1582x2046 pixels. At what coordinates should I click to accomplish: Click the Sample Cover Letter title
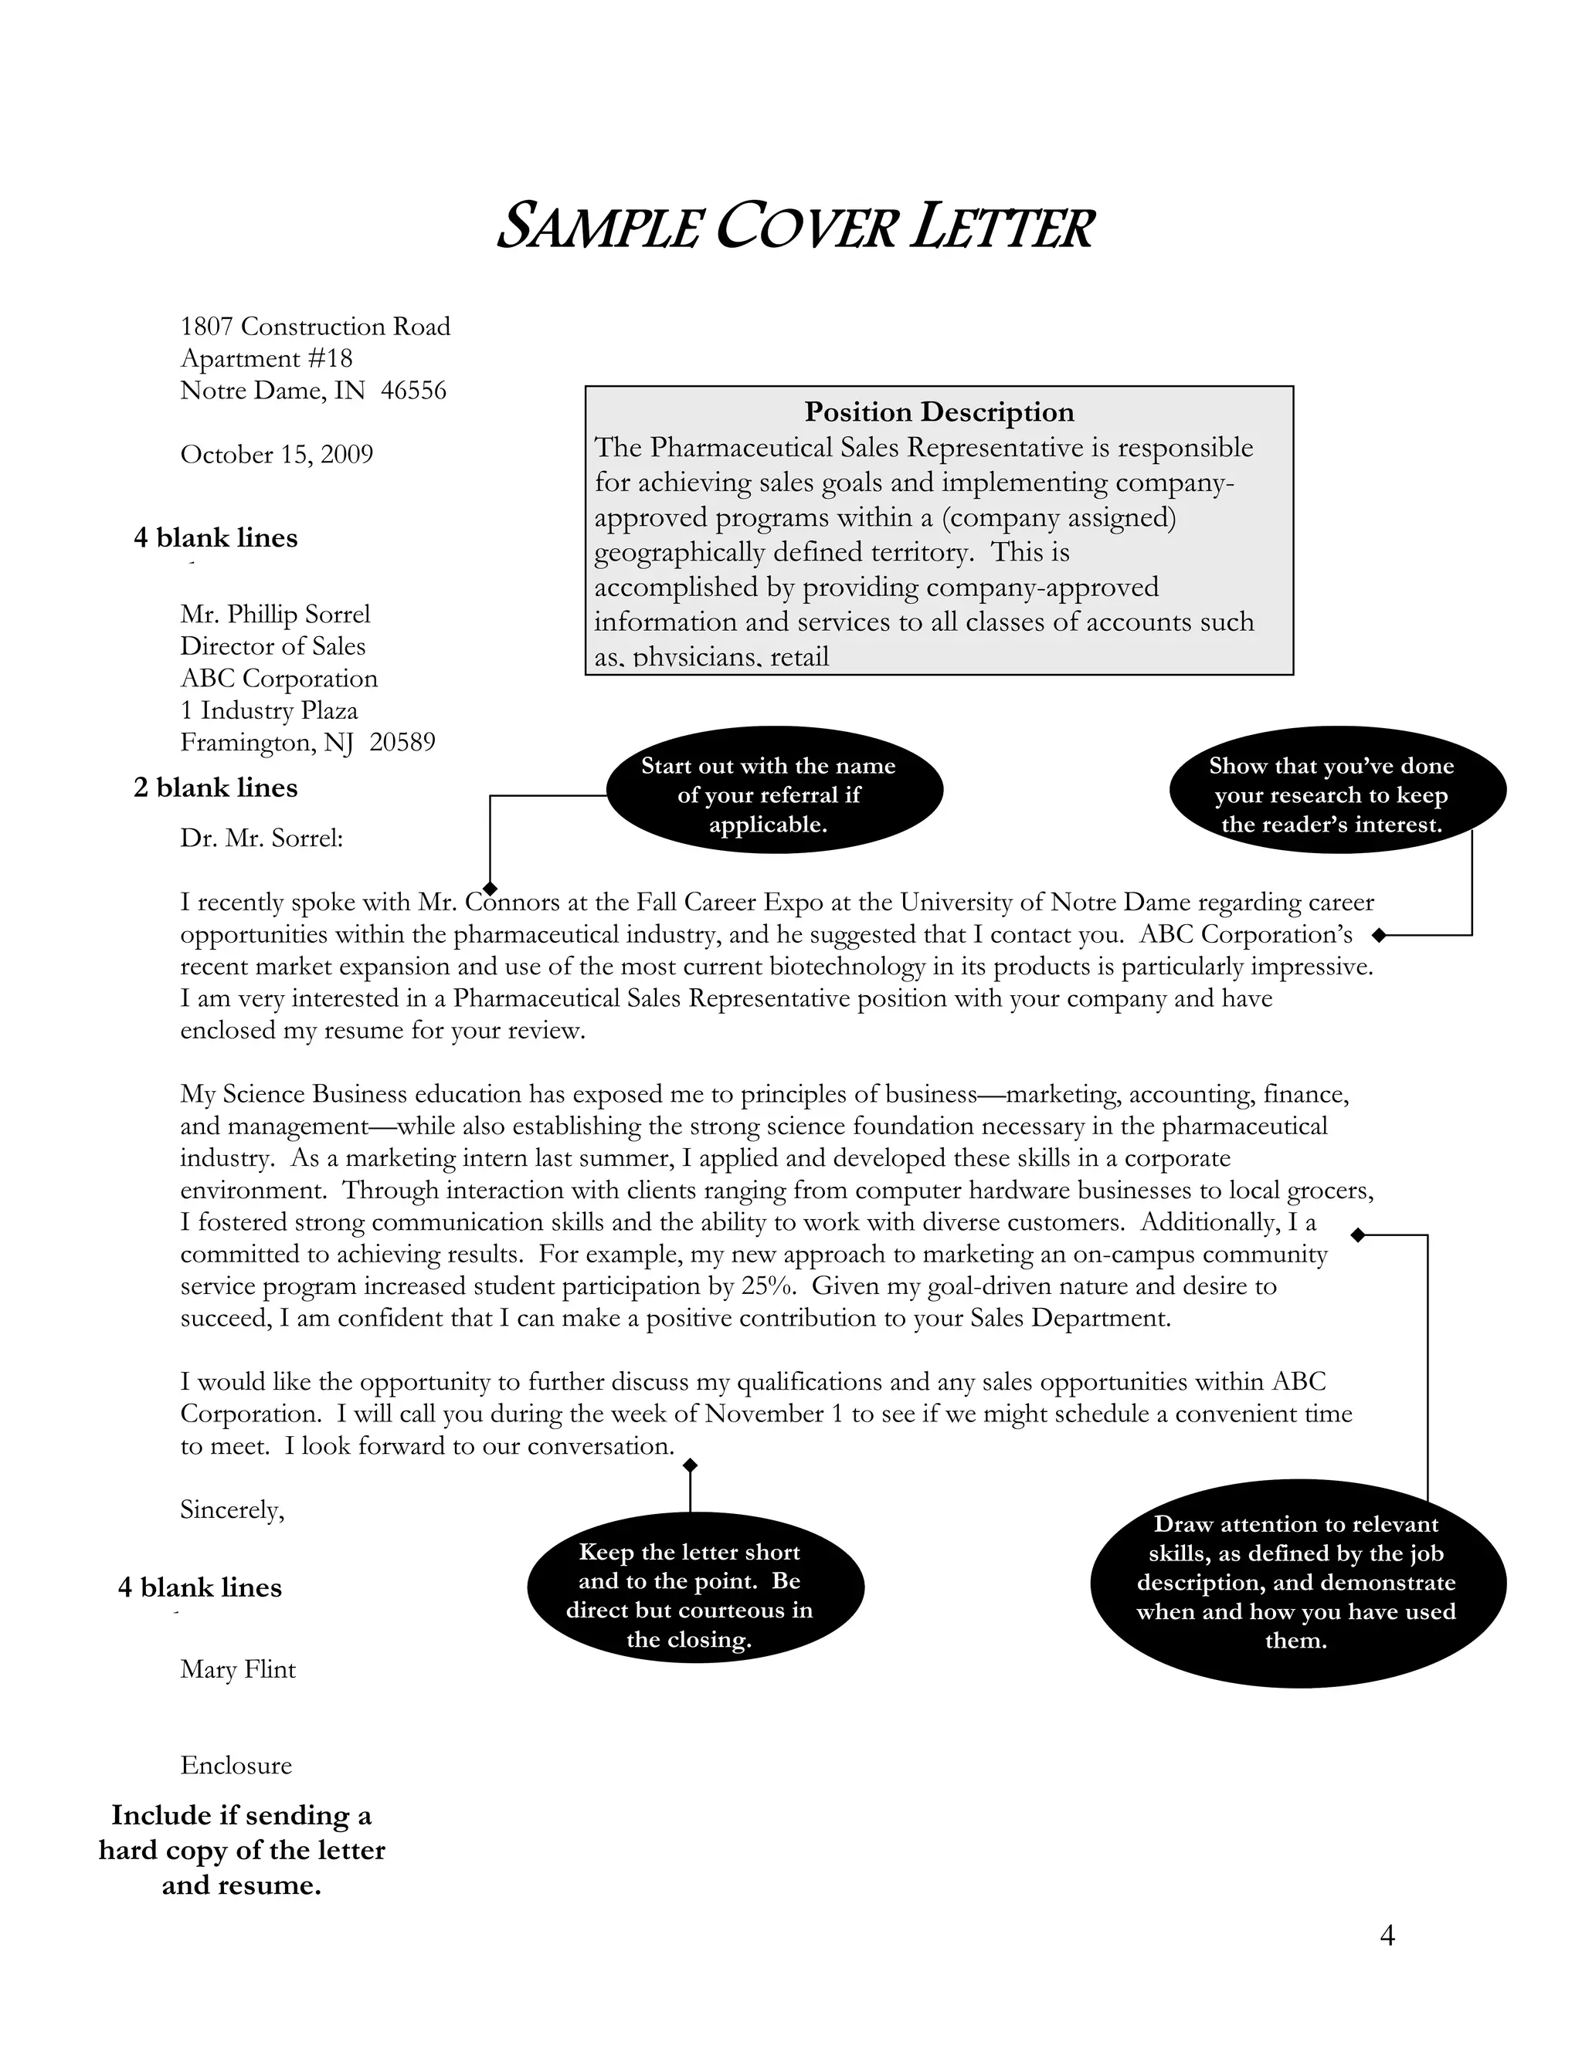795,227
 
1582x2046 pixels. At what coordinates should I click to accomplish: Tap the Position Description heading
939,412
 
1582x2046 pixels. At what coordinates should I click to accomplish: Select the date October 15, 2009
277,454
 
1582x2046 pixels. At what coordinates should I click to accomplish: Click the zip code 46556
413,391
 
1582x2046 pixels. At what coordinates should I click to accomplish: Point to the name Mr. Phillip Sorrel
276,615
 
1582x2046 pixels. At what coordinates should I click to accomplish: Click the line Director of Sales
273,646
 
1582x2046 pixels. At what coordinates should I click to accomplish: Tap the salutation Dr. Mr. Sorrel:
262,838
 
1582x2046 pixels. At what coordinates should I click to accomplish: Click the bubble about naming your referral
774,794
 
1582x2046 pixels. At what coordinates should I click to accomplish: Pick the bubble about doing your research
1336,794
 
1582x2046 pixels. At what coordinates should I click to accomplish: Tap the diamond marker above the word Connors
489,887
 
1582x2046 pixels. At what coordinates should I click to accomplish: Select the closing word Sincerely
232,1510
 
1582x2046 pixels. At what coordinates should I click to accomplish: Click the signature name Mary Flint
238,1669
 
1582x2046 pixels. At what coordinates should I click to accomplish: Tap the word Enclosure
236,1766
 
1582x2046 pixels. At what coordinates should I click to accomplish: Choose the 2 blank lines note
216,788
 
